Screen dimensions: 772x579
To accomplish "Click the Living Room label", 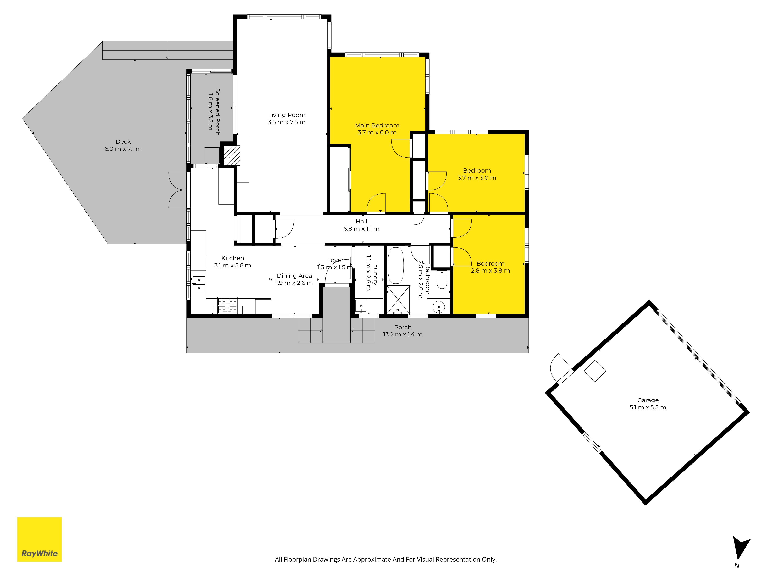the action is pos(287,115).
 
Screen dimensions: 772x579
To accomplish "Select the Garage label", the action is pos(648,400).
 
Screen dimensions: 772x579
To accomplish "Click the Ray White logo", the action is pos(39,539).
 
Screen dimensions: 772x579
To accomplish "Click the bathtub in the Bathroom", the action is pos(396,265).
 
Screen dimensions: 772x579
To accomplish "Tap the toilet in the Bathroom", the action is pos(442,279).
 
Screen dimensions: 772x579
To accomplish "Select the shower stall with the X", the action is pos(398,300).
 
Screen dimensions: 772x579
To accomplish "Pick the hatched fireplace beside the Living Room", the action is pos(232,155).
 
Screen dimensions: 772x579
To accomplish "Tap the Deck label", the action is pos(123,141).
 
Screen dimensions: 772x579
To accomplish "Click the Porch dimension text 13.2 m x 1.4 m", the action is pos(403,334).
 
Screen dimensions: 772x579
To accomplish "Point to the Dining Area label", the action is pos(294,276).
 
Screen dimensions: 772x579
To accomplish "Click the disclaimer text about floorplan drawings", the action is pos(386,560).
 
